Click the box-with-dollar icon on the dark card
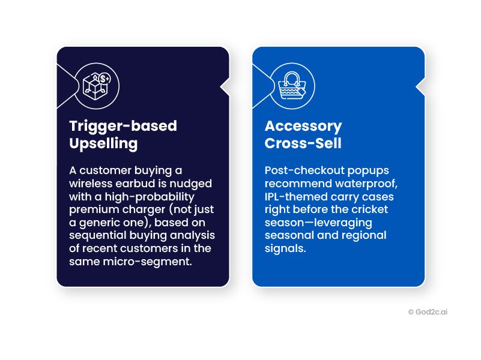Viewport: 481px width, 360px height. click(96, 86)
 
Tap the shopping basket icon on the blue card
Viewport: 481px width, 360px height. click(292, 85)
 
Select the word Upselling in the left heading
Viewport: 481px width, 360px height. click(103, 143)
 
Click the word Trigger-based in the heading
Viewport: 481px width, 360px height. click(123, 125)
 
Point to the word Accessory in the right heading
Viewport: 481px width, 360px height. click(303, 126)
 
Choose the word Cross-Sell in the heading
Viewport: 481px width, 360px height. click(303, 143)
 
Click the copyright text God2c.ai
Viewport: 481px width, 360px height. click(428, 312)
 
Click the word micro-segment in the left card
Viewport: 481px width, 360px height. click(147, 262)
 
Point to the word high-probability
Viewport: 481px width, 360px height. click(150, 197)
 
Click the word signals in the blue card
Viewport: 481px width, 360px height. click(285, 248)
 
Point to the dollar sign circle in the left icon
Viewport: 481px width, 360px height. click(104, 79)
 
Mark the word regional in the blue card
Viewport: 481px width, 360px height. click(365, 236)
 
